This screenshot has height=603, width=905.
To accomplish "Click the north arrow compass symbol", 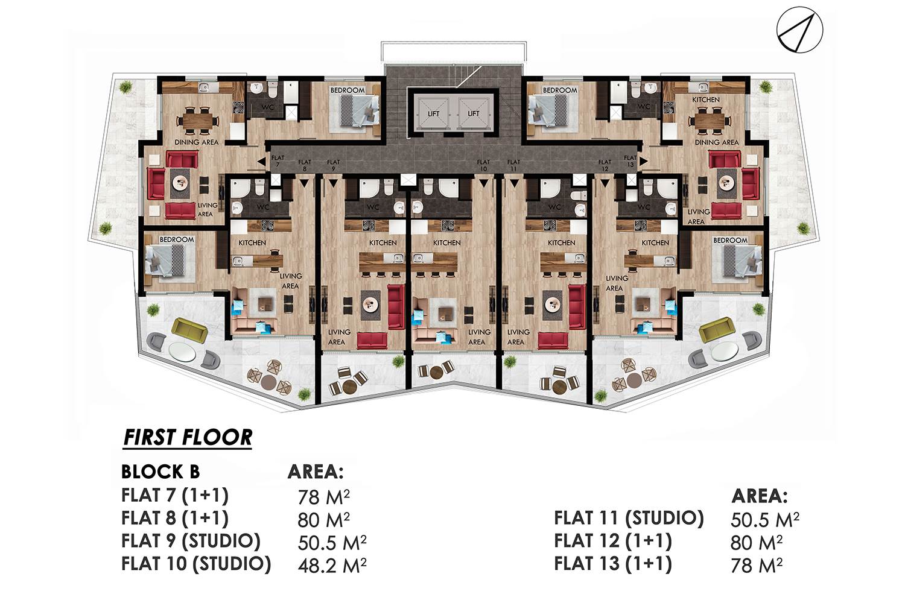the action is tap(799, 30).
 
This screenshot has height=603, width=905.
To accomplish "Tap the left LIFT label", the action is tap(434, 114).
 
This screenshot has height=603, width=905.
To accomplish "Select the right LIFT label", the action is tap(474, 114).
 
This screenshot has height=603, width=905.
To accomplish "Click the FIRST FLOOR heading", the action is tap(188, 437).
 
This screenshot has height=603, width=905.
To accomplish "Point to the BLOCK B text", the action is tap(160, 472).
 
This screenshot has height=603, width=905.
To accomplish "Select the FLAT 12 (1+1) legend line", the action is tap(612, 541).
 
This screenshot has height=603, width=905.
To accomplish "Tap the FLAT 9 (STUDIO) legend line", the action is tap(191, 541).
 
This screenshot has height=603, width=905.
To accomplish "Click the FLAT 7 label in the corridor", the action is tap(278, 161).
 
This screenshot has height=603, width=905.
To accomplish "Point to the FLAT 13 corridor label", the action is tap(630, 161).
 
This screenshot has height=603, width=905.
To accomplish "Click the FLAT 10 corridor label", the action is tap(483, 165).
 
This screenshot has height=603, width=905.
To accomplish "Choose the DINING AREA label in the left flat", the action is tap(196, 142).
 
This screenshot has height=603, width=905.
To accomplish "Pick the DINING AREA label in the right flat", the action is tap(716, 142).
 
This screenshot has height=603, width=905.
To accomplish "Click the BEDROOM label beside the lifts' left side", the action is tap(348, 90).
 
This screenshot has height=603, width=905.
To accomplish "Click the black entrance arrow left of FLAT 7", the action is tap(262, 162).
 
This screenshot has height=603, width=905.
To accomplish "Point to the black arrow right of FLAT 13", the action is tap(644, 161).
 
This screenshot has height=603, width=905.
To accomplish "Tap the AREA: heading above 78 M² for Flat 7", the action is tap(316, 472).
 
